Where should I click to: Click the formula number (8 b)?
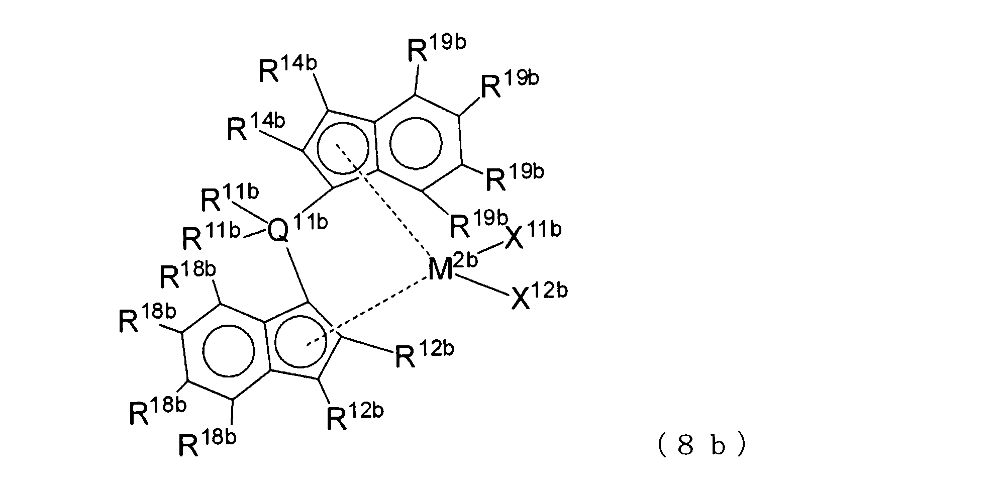702,446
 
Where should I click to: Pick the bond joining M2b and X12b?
483,286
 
